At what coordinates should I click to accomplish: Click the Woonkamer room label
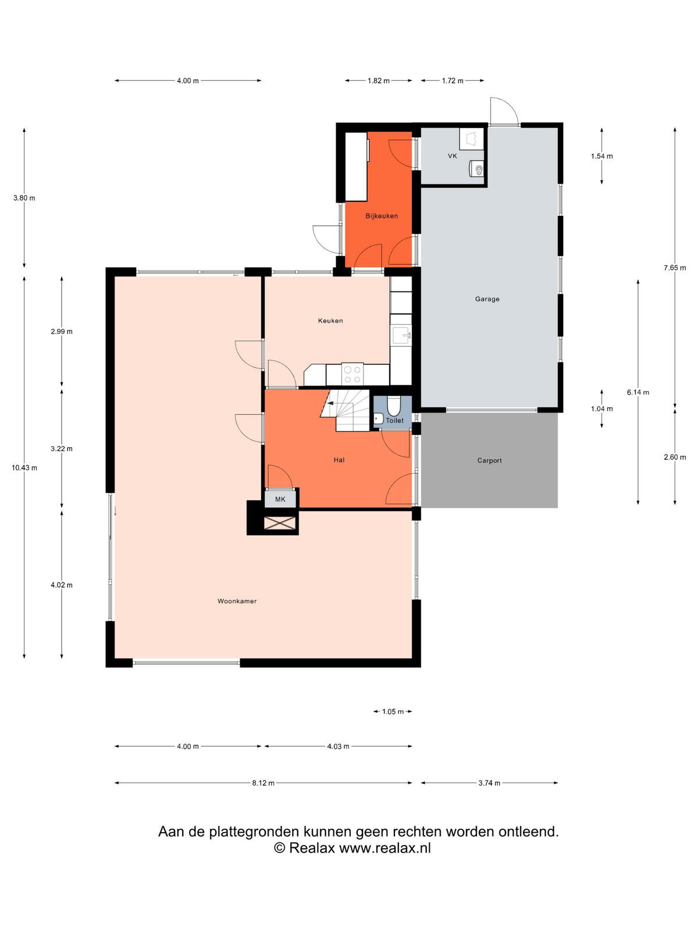coord(237,601)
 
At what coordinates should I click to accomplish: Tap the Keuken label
coord(330,321)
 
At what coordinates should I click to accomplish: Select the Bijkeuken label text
coord(382,216)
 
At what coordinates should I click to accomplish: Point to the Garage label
coord(487,299)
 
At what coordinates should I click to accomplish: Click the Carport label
coord(489,460)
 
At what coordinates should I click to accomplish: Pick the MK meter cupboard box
coord(280,499)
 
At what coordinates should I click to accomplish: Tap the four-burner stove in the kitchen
coord(352,374)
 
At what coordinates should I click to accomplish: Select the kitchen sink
coord(401,336)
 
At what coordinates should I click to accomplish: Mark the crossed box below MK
coord(279,523)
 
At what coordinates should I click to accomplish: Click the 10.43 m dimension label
coord(24,468)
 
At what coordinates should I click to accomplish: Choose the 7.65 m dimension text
coord(675,268)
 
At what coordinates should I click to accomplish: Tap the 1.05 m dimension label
coord(393,711)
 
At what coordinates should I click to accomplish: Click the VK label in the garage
coord(452,156)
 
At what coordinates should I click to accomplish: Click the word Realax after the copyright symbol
coord(312,848)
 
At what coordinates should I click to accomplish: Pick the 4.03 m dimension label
coord(338,747)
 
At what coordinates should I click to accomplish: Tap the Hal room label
coord(339,460)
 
